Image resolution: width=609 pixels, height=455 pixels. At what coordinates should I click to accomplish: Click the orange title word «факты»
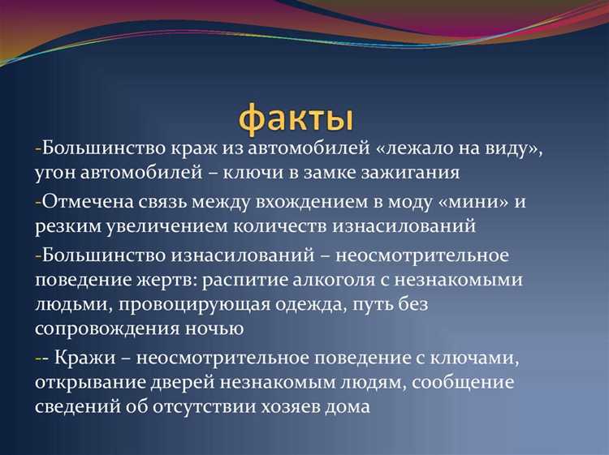pyautogui.click(x=296, y=118)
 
